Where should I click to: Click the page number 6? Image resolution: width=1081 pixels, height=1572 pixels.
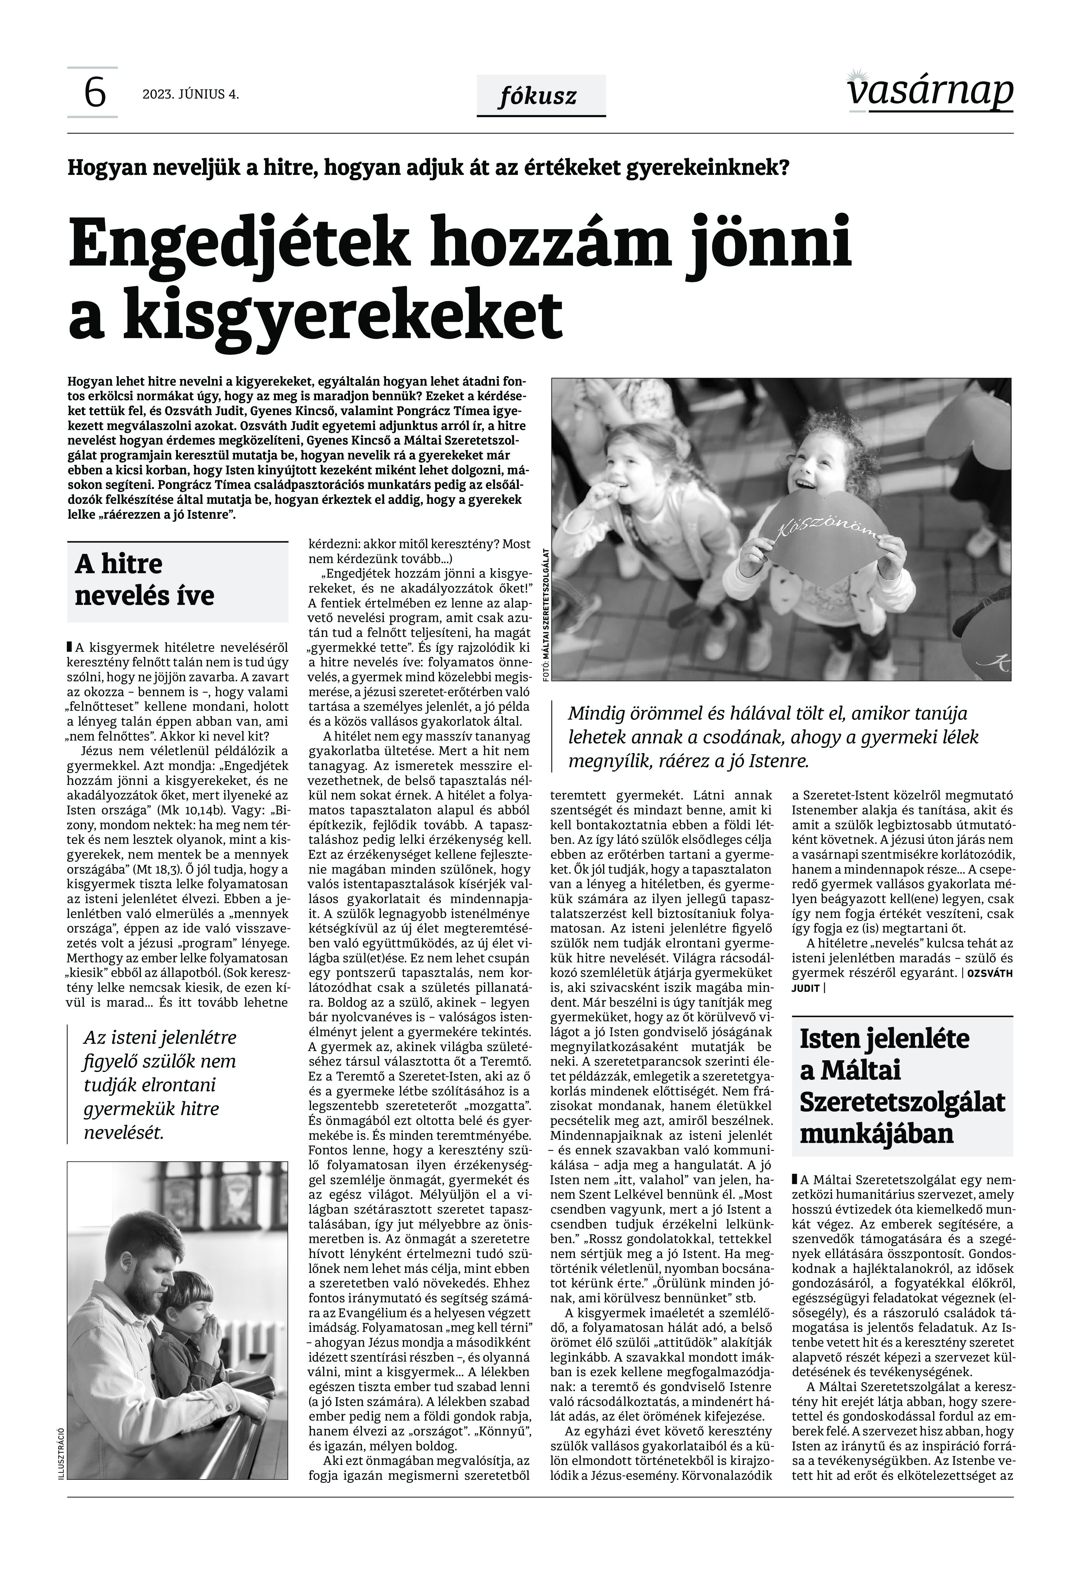(94, 93)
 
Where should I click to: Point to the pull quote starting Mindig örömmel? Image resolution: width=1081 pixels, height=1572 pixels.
(772, 736)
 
